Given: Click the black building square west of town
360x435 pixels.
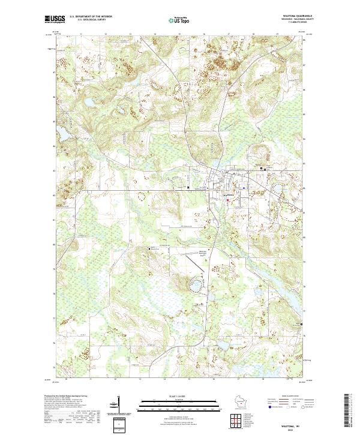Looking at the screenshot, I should pos(188,187).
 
